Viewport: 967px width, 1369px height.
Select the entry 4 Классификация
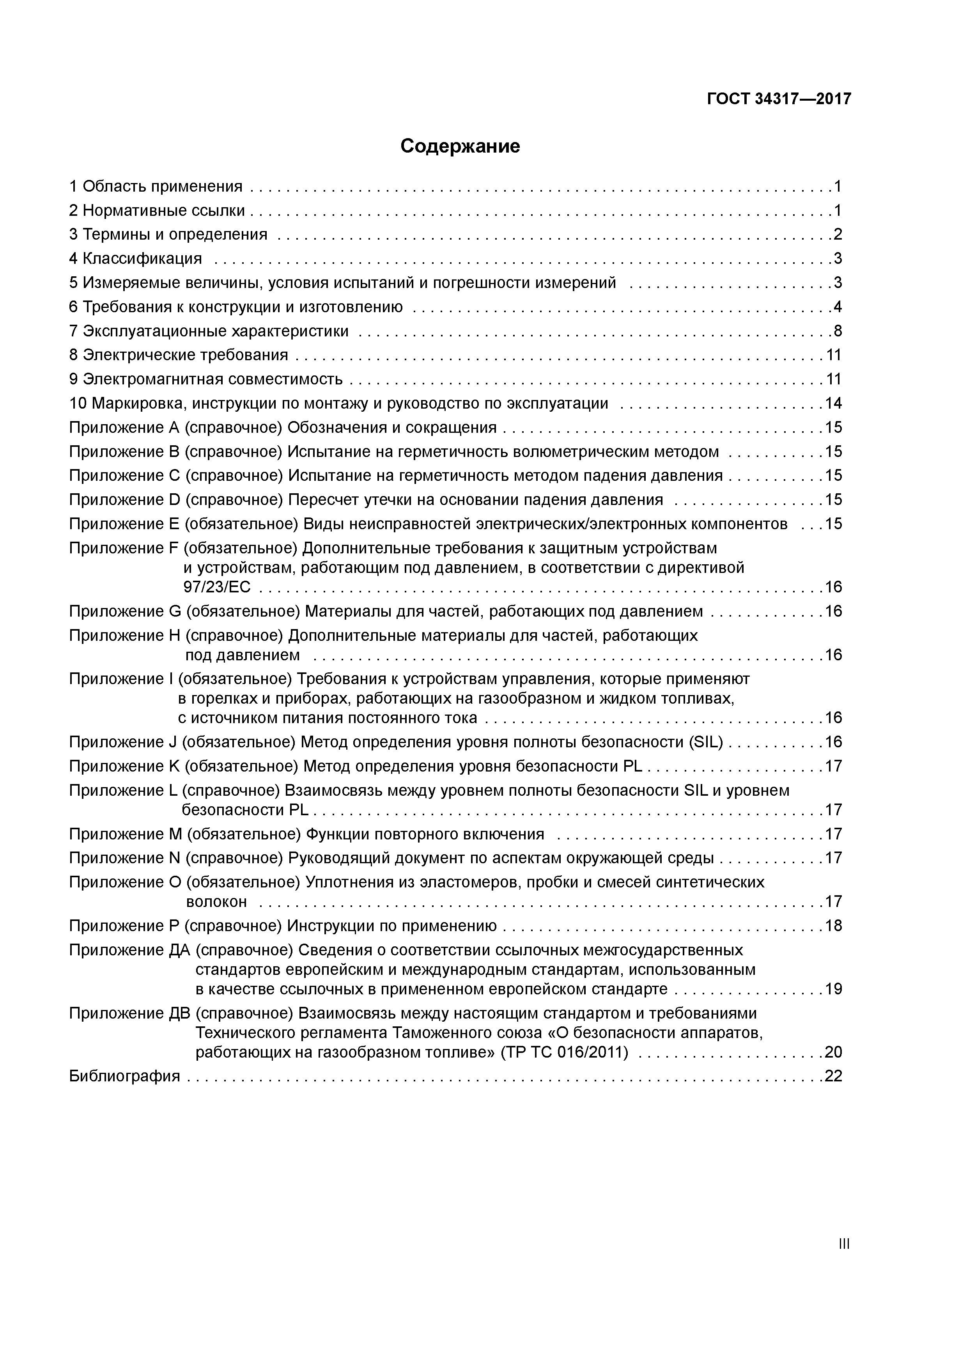click(136, 259)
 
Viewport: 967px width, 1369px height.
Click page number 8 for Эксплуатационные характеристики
click(838, 331)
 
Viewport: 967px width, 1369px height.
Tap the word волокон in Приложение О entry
click(216, 901)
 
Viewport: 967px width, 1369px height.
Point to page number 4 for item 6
click(838, 307)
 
